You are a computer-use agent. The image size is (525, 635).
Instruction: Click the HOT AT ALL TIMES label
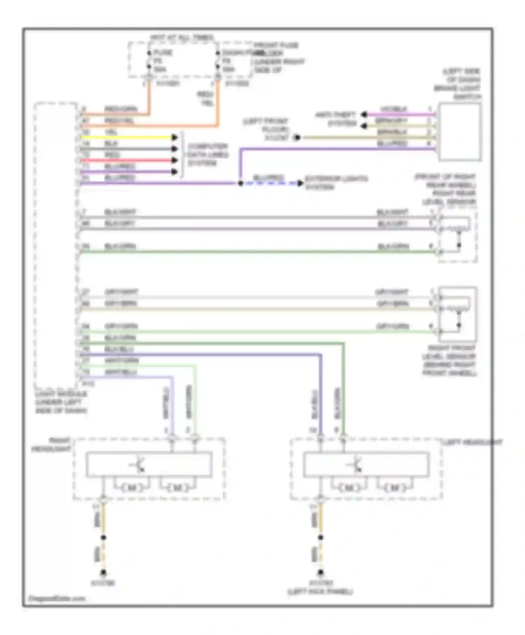182,37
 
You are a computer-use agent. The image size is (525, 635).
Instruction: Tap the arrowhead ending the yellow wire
174,138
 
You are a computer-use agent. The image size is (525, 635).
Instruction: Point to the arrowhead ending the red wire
174,160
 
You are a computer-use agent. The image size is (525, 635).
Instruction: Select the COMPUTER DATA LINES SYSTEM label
208,155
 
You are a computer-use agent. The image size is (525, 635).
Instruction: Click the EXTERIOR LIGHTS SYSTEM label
336,183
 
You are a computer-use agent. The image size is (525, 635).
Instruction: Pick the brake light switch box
460,132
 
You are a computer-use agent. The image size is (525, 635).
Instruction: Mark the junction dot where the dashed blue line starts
240,183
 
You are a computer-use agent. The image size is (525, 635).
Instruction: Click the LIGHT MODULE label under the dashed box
61,402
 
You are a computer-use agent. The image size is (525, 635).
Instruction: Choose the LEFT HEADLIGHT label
472,442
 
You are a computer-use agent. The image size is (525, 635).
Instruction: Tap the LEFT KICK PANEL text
320,592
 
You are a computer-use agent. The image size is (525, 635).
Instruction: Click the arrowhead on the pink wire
364,114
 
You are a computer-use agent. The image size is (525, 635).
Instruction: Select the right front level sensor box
457,314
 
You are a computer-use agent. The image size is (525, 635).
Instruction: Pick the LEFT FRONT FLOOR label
266,129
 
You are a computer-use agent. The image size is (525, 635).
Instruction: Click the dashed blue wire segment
269,183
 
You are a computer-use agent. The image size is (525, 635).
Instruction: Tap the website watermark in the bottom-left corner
56,598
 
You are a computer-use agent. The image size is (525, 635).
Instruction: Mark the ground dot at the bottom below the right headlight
103,573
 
